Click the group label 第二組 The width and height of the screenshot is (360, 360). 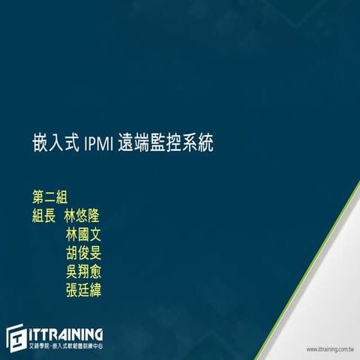(50, 197)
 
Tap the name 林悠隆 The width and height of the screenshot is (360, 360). (82, 216)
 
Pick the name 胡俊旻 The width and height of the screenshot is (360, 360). (82, 252)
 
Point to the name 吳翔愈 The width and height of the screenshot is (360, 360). (82, 270)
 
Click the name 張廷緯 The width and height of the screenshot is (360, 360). (82, 288)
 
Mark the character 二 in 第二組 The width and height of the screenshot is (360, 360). (50, 197)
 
